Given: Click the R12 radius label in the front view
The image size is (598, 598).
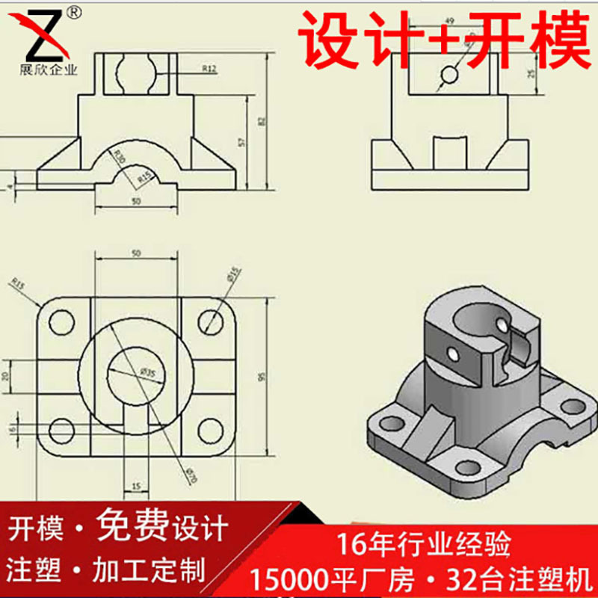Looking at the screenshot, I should pyautogui.click(x=209, y=69).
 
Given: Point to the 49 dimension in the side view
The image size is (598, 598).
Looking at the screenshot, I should pyautogui.click(x=450, y=20).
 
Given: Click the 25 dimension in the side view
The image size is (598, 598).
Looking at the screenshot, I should pyautogui.click(x=531, y=73).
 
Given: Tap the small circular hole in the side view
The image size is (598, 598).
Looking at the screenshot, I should pyautogui.click(x=449, y=75).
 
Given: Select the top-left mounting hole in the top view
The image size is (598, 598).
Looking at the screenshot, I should pyautogui.click(x=61, y=322).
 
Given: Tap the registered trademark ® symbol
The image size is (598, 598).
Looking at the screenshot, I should pyautogui.click(x=73, y=11).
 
